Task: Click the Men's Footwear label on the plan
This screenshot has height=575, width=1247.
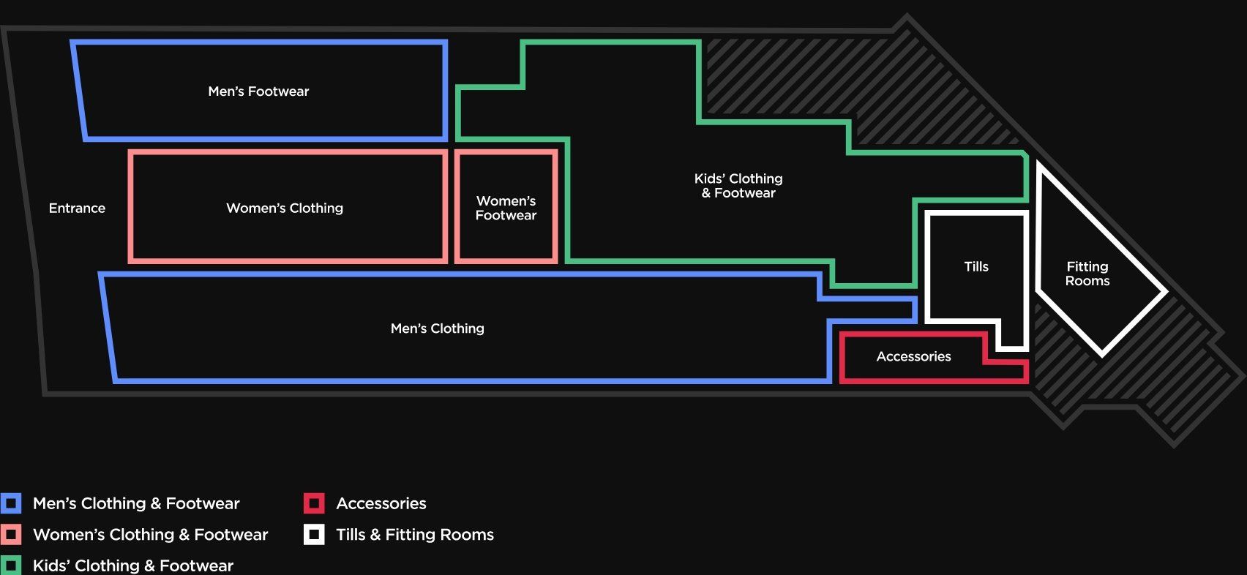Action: click(x=258, y=91)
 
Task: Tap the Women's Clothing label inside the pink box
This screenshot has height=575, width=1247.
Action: click(x=285, y=208)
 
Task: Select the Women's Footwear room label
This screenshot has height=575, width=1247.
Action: click(x=506, y=208)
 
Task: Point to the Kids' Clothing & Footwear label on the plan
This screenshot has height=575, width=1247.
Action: click(x=738, y=186)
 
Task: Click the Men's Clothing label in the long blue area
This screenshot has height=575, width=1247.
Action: click(x=437, y=328)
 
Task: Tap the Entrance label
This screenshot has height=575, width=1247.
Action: click(x=77, y=208)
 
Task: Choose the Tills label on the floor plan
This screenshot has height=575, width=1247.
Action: click(x=976, y=266)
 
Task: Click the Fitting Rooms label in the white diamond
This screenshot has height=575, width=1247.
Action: click(x=1087, y=274)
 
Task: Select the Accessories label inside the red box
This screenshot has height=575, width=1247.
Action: click(x=913, y=356)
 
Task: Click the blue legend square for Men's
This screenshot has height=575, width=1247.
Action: click(x=11, y=503)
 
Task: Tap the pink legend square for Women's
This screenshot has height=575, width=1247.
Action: click(x=11, y=535)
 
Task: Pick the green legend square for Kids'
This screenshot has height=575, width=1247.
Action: click(x=11, y=565)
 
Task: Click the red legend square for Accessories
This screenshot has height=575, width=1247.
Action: click(x=314, y=503)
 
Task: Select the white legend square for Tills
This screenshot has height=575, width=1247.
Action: click(x=314, y=535)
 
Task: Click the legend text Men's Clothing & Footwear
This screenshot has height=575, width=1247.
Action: click(x=136, y=503)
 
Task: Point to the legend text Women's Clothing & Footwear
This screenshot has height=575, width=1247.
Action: click(x=150, y=535)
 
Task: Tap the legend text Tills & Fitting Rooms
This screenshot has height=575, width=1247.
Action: click(x=415, y=535)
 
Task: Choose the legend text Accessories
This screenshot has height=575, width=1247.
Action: click(x=381, y=503)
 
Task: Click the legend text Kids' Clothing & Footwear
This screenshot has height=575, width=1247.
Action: click(x=133, y=565)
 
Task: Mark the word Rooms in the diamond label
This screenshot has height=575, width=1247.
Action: click(x=1087, y=281)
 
